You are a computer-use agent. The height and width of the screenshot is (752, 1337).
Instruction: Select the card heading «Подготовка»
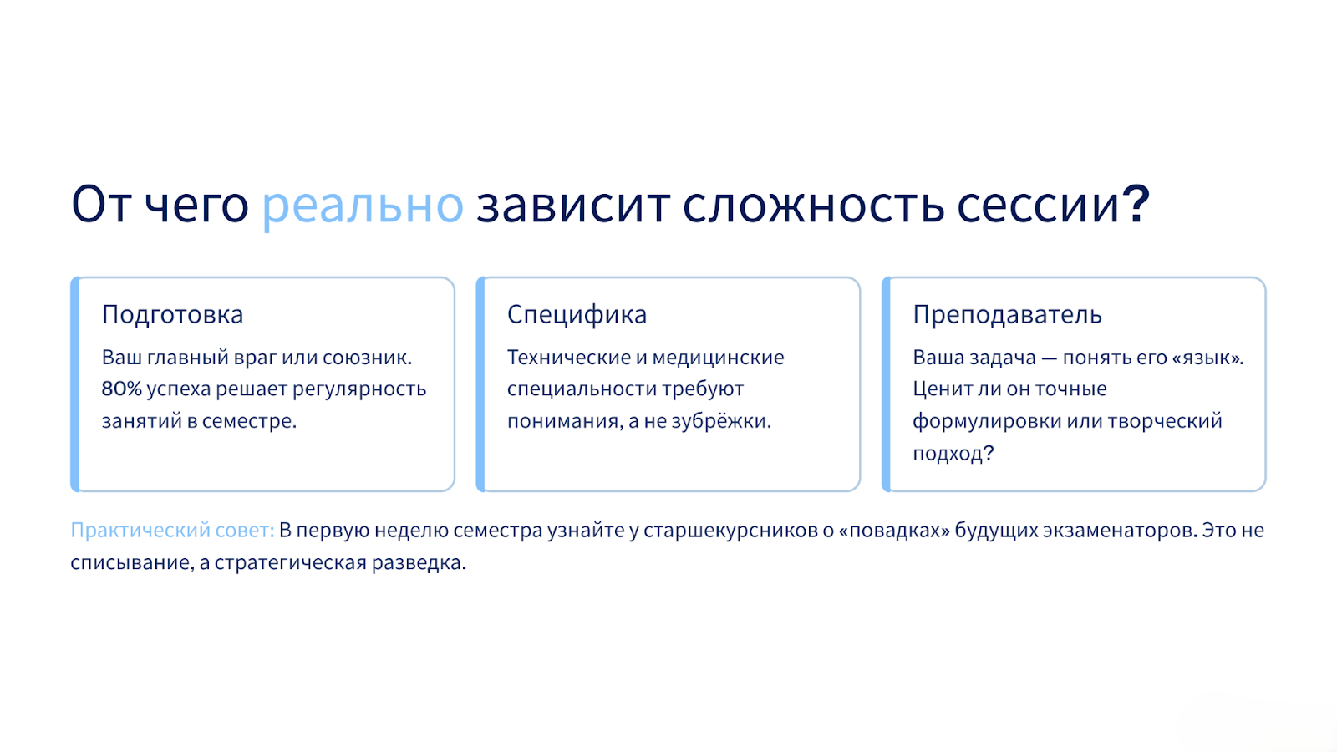tap(172, 314)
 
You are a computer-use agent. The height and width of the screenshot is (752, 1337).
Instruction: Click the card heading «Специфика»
tap(577, 314)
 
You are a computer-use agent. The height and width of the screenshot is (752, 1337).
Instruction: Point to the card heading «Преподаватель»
tap(1007, 314)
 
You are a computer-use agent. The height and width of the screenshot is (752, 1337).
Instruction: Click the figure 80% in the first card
tap(122, 389)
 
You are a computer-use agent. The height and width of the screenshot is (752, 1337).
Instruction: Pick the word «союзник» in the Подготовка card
tap(367, 358)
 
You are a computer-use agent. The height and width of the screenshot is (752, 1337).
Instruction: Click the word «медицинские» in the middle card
tap(718, 358)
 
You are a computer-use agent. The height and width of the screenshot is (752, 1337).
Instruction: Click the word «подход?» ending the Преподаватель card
tap(953, 454)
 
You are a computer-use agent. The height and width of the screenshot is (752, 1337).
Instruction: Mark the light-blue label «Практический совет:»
tap(172, 530)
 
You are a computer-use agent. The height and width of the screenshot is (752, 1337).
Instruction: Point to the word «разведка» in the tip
tap(419, 562)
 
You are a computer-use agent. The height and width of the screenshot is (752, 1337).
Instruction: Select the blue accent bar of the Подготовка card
tap(74, 384)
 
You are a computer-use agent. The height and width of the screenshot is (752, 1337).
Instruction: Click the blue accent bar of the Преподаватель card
tap(886, 384)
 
